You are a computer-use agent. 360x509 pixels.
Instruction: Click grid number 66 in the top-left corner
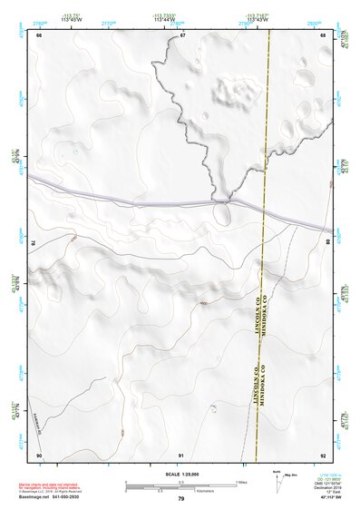(39, 35)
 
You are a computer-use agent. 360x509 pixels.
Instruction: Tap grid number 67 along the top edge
(181, 35)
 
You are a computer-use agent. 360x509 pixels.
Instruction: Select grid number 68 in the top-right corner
(323, 35)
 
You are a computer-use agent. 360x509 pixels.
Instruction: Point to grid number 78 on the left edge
(34, 243)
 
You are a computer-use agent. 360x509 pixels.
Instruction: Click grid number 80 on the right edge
(327, 243)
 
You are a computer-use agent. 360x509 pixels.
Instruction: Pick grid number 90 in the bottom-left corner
(39, 455)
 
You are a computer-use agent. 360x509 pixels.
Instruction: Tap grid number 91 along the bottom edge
(181, 455)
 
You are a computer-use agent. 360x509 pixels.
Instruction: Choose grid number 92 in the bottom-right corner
(323, 455)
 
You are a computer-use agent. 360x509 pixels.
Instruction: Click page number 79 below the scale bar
(181, 499)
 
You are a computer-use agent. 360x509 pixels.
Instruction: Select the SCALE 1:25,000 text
(181, 472)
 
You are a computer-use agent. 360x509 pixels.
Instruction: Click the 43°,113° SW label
(332, 501)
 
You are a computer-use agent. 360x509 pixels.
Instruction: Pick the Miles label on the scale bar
(241, 481)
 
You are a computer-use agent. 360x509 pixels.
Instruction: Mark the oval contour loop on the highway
(221, 214)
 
